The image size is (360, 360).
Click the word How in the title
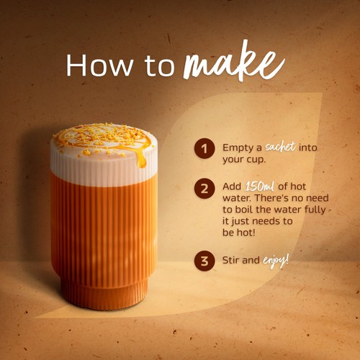coord(99,66)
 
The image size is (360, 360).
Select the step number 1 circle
coord(204,148)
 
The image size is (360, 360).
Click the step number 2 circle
coord(204,189)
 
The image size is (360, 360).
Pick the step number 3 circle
coord(204,261)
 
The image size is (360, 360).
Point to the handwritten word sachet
coord(280,146)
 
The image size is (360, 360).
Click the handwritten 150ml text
coord(260,186)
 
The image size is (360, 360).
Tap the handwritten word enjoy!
coord(276,261)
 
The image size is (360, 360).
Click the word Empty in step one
coord(239,148)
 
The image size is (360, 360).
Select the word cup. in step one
coord(256,160)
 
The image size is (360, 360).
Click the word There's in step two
coord(271,198)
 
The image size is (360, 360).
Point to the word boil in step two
coord(244,210)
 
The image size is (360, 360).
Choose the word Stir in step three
coord(232,260)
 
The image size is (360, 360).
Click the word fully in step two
coord(315,210)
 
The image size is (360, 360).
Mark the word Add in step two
coord(232,186)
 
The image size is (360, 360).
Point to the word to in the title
coord(159,67)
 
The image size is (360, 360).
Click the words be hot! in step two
coord(239,233)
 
